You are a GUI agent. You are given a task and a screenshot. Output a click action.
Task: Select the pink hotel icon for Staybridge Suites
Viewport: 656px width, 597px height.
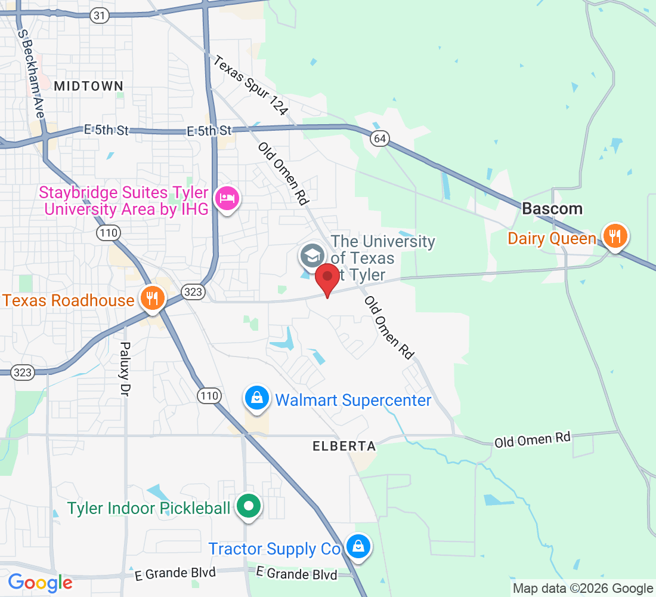click(227, 197)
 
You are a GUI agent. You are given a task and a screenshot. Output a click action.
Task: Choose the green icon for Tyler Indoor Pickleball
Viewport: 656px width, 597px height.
click(248, 507)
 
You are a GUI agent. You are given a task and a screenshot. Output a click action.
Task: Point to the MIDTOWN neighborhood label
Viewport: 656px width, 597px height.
click(88, 86)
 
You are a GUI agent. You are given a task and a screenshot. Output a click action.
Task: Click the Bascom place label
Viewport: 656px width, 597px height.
click(552, 209)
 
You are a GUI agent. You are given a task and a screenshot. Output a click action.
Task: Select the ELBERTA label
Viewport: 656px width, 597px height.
click(345, 446)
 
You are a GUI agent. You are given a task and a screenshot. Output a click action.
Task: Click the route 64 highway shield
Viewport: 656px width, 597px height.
click(379, 139)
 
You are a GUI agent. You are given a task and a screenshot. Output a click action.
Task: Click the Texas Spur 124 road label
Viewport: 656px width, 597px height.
click(251, 85)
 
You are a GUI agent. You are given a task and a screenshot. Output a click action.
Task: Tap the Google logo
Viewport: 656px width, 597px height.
click(40, 582)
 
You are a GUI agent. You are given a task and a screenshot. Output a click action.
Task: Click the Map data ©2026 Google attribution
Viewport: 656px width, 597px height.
click(583, 589)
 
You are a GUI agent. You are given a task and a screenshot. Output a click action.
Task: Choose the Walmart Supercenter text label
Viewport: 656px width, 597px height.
click(353, 400)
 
